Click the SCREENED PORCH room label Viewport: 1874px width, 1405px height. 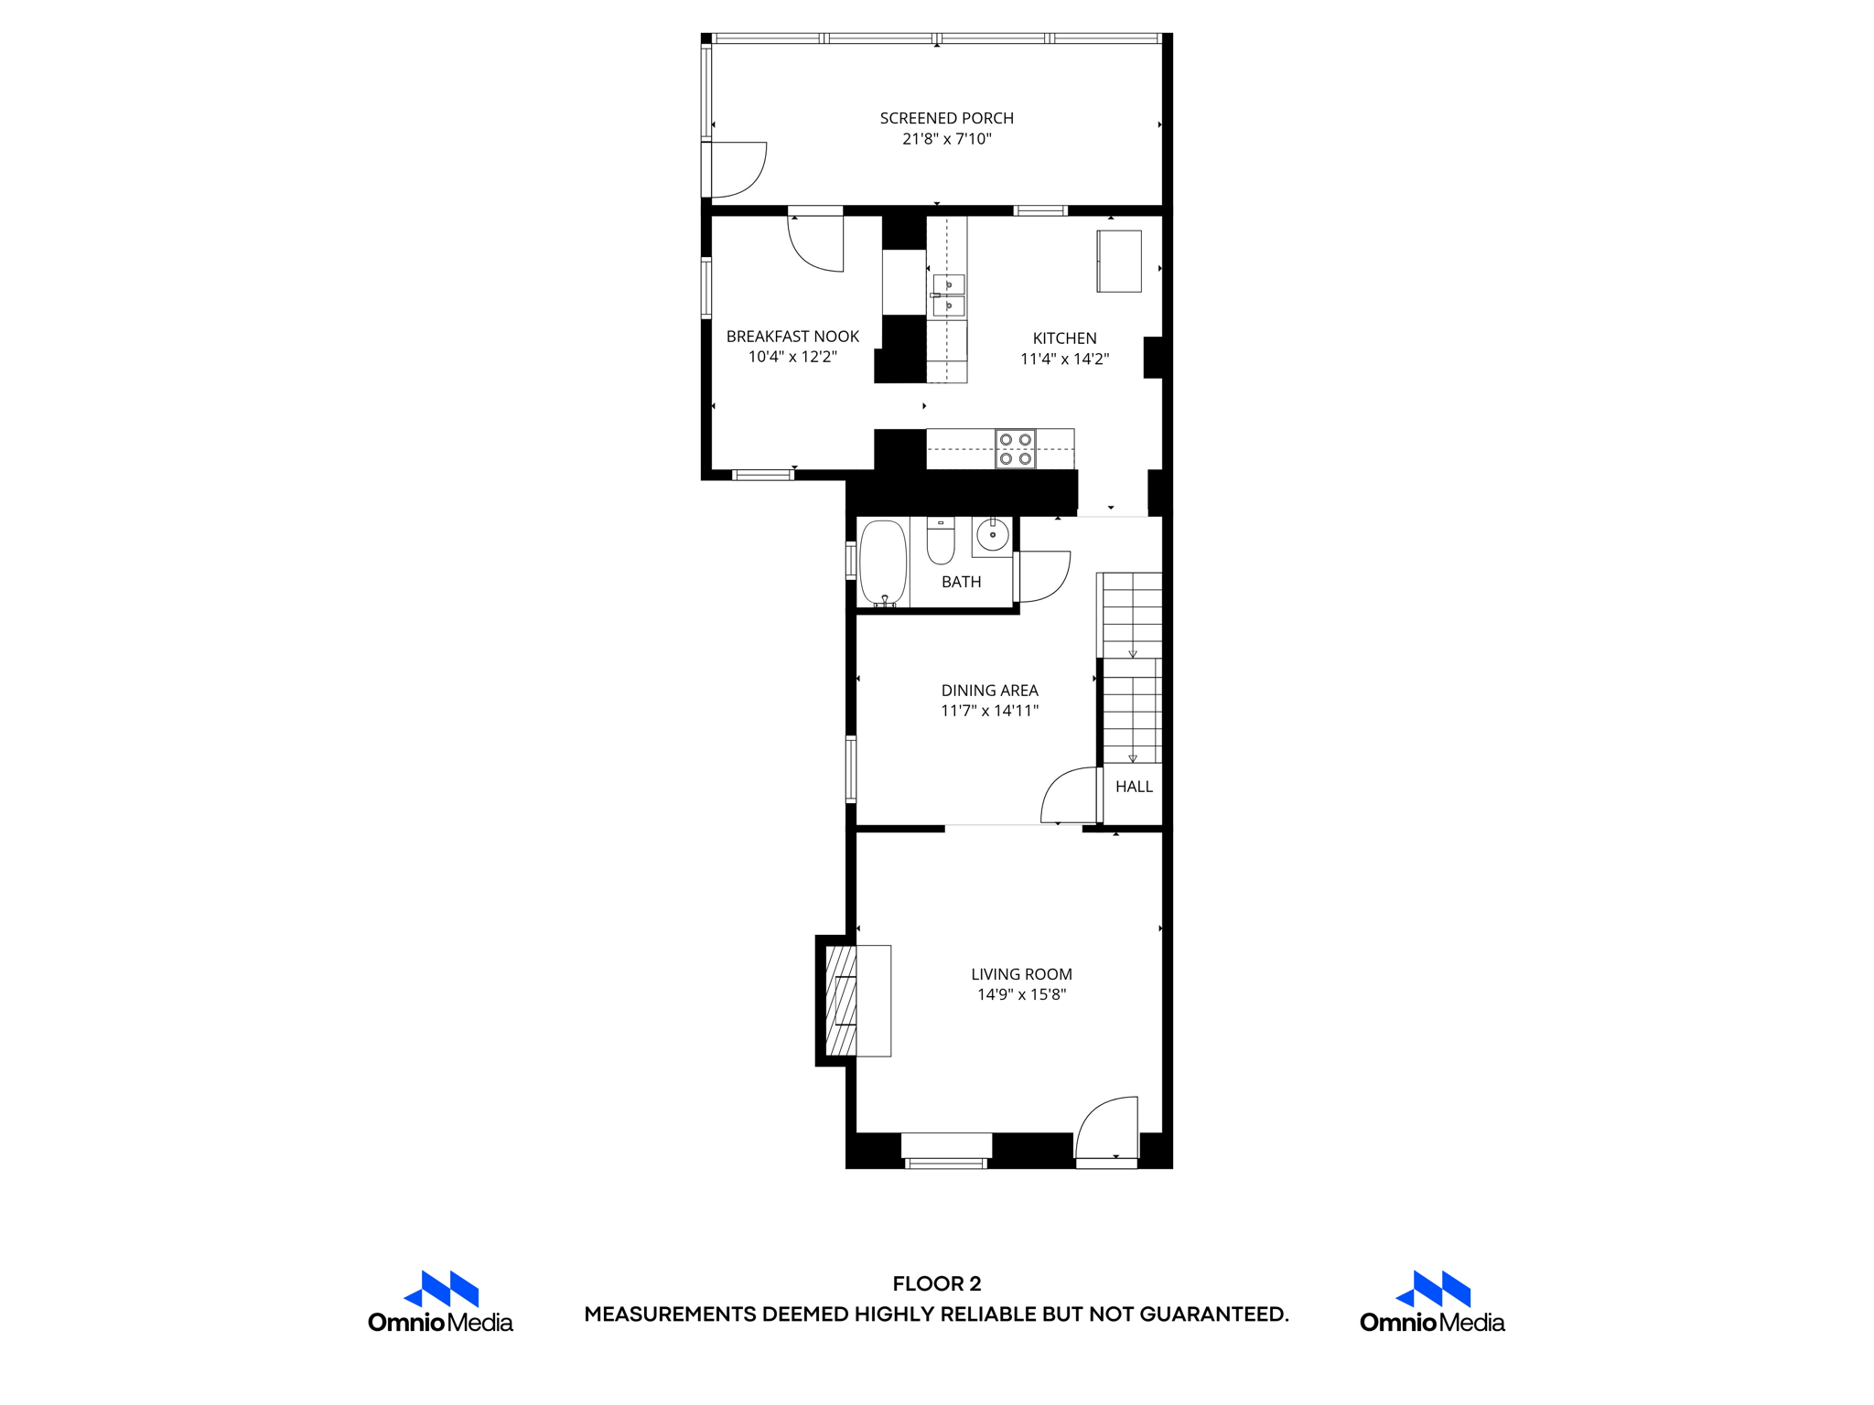pyautogui.click(x=946, y=118)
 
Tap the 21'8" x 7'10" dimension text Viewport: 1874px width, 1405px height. pyautogui.click(x=946, y=139)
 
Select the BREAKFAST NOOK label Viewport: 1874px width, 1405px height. pyautogui.click(x=792, y=337)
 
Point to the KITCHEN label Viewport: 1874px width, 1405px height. pyautogui.click(x=1064, y=338)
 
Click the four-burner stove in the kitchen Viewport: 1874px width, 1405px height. pyautogui.click(x=1016, y=449)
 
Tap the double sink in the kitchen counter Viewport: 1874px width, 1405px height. pyautogui.click(x=948, y=295)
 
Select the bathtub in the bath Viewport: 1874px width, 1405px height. pyautogui.click(x=883, y=562)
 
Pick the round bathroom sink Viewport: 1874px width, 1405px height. pyautogui.click(x=992, y=534)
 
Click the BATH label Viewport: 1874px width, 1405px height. pyautogui.click(x=961, y=582)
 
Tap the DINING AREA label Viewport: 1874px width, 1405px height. pyautogui.click(x=989, y=691)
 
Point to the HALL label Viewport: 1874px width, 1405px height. pyautogui.click(x=1134, y=787)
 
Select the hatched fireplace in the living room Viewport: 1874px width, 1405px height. pyautogui.click(x=841, y=1001)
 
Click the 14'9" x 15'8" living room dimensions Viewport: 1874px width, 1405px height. pyautogui.click(x=1021, y=994)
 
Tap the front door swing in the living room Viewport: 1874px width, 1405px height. pyautogui.click(x=1106, y=1129)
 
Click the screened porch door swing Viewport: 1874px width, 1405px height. pyautogui.click(x=738, y=169)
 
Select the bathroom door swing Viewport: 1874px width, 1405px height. pyautogui.click(x=1043, y=576)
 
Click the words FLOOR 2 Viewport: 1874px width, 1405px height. pyautogui.click(x=936, y=1283)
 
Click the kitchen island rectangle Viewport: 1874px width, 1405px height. pyautogui.click(x=1118, y=262)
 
